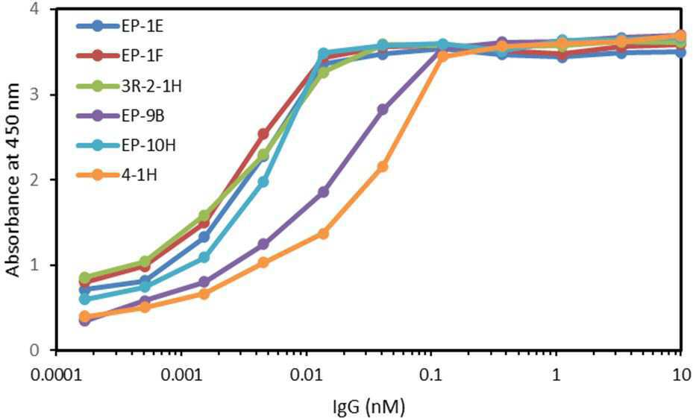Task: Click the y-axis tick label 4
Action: [x=45, y=9]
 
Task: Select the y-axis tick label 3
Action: [x=45, y=95]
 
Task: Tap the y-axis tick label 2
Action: [x=45, y=180]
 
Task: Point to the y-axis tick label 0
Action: [x=45, y=350]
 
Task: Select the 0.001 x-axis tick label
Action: [x=181, y=375]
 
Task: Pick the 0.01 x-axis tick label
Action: [x=306, y=375]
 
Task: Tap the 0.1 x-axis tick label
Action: [x=431, y=375]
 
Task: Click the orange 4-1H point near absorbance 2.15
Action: [x=383, y=167]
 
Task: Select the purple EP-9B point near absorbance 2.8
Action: [x=383, y=110]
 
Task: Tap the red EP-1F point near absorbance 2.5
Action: [x=263, y=133]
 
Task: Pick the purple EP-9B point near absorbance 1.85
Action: [x=323, y=192]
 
